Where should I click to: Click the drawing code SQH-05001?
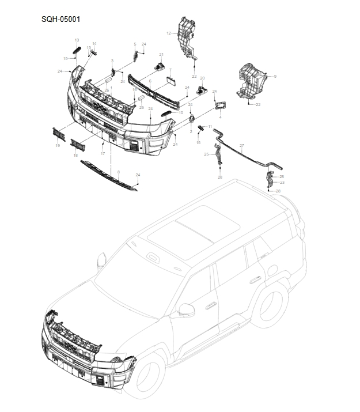pos(60,19)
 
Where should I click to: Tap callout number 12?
pos(169,33)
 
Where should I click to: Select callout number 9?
pos(275,77)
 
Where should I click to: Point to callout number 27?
pos(242,145)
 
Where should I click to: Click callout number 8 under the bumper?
pos(119,172)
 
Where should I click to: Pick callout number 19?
pos(58,146)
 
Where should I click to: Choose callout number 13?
pos(77,40)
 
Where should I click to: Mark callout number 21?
pos(162,55)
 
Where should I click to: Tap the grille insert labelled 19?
pos(59,133)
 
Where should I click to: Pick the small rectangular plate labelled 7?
pos(170,81)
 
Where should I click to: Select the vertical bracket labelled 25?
pos(219,154)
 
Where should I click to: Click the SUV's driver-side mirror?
pos(186,309)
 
